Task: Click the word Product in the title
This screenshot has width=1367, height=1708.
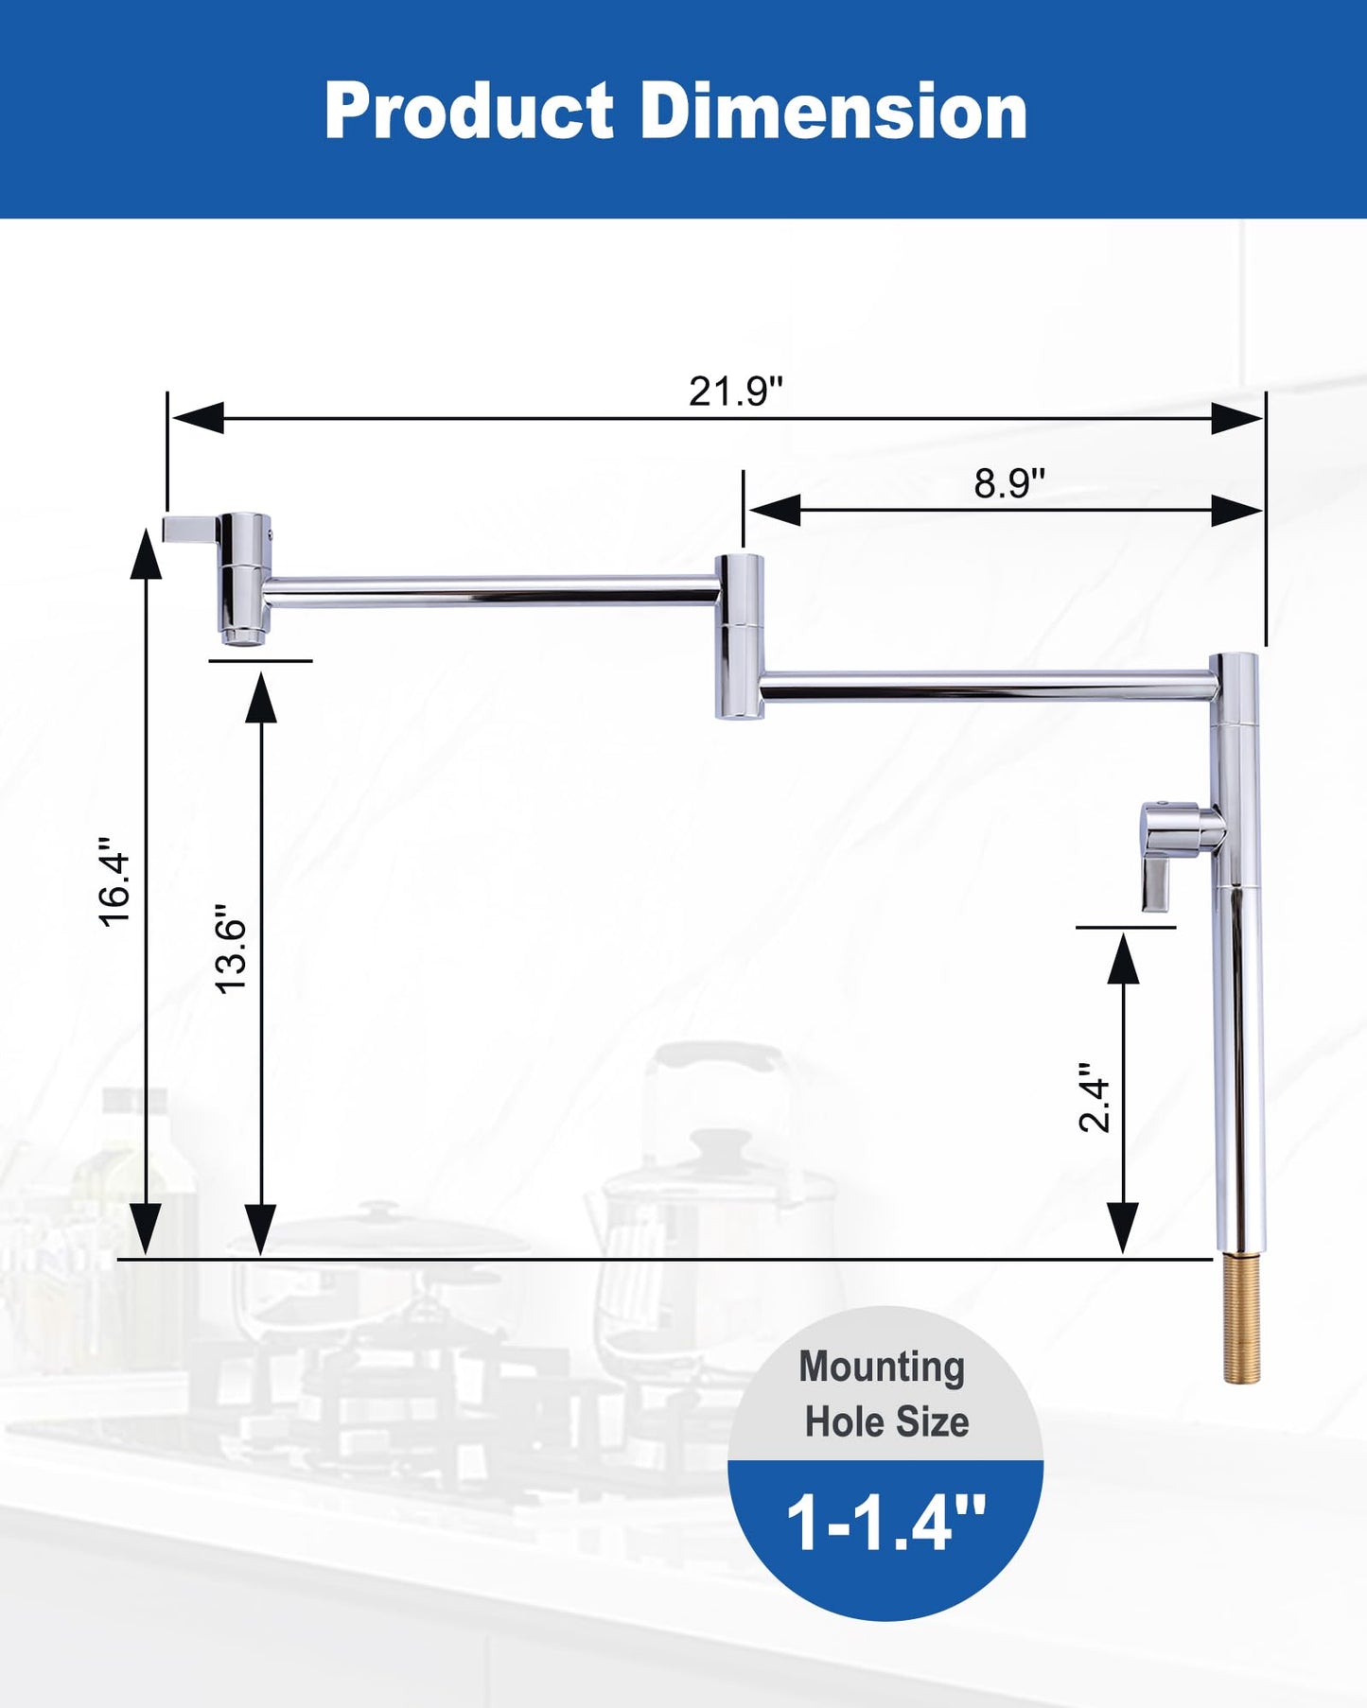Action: [x=469, y=111]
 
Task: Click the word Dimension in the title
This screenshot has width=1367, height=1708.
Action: [x=834, y=111]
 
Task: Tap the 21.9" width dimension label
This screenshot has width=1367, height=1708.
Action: [x=736, y=392]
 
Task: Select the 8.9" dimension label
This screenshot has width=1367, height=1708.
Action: [x=1009, y=483]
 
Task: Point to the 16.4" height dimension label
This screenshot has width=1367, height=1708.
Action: [x=114, y=880]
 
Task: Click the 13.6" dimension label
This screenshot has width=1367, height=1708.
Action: [x=230, y=948]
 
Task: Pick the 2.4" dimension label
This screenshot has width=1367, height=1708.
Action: [x=1095, y=1097]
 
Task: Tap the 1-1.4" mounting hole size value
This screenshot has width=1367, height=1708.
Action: [x=885, y=1524]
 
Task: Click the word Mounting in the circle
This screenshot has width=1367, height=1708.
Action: [x=882, y=1368]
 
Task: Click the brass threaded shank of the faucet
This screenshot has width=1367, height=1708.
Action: [x=1241, y=1318]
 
